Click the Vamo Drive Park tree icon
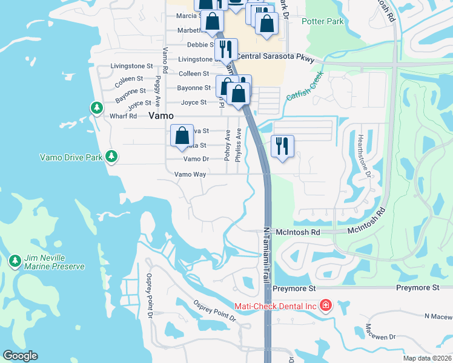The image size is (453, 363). coord(111,157)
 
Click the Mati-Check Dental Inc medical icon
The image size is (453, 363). coord(326,304)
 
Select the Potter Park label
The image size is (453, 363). coord(323,22)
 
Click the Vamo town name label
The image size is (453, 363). coord(161,115)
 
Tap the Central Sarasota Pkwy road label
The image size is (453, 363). coord(276,56)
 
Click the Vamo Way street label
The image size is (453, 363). coord(191,174)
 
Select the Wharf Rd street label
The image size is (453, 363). coord(123,116)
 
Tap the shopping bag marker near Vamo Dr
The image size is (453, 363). coord(182,137)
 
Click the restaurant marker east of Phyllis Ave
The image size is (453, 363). coord(282,147)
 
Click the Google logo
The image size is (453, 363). coord(21,356)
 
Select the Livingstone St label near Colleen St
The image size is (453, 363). coord(132,65)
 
